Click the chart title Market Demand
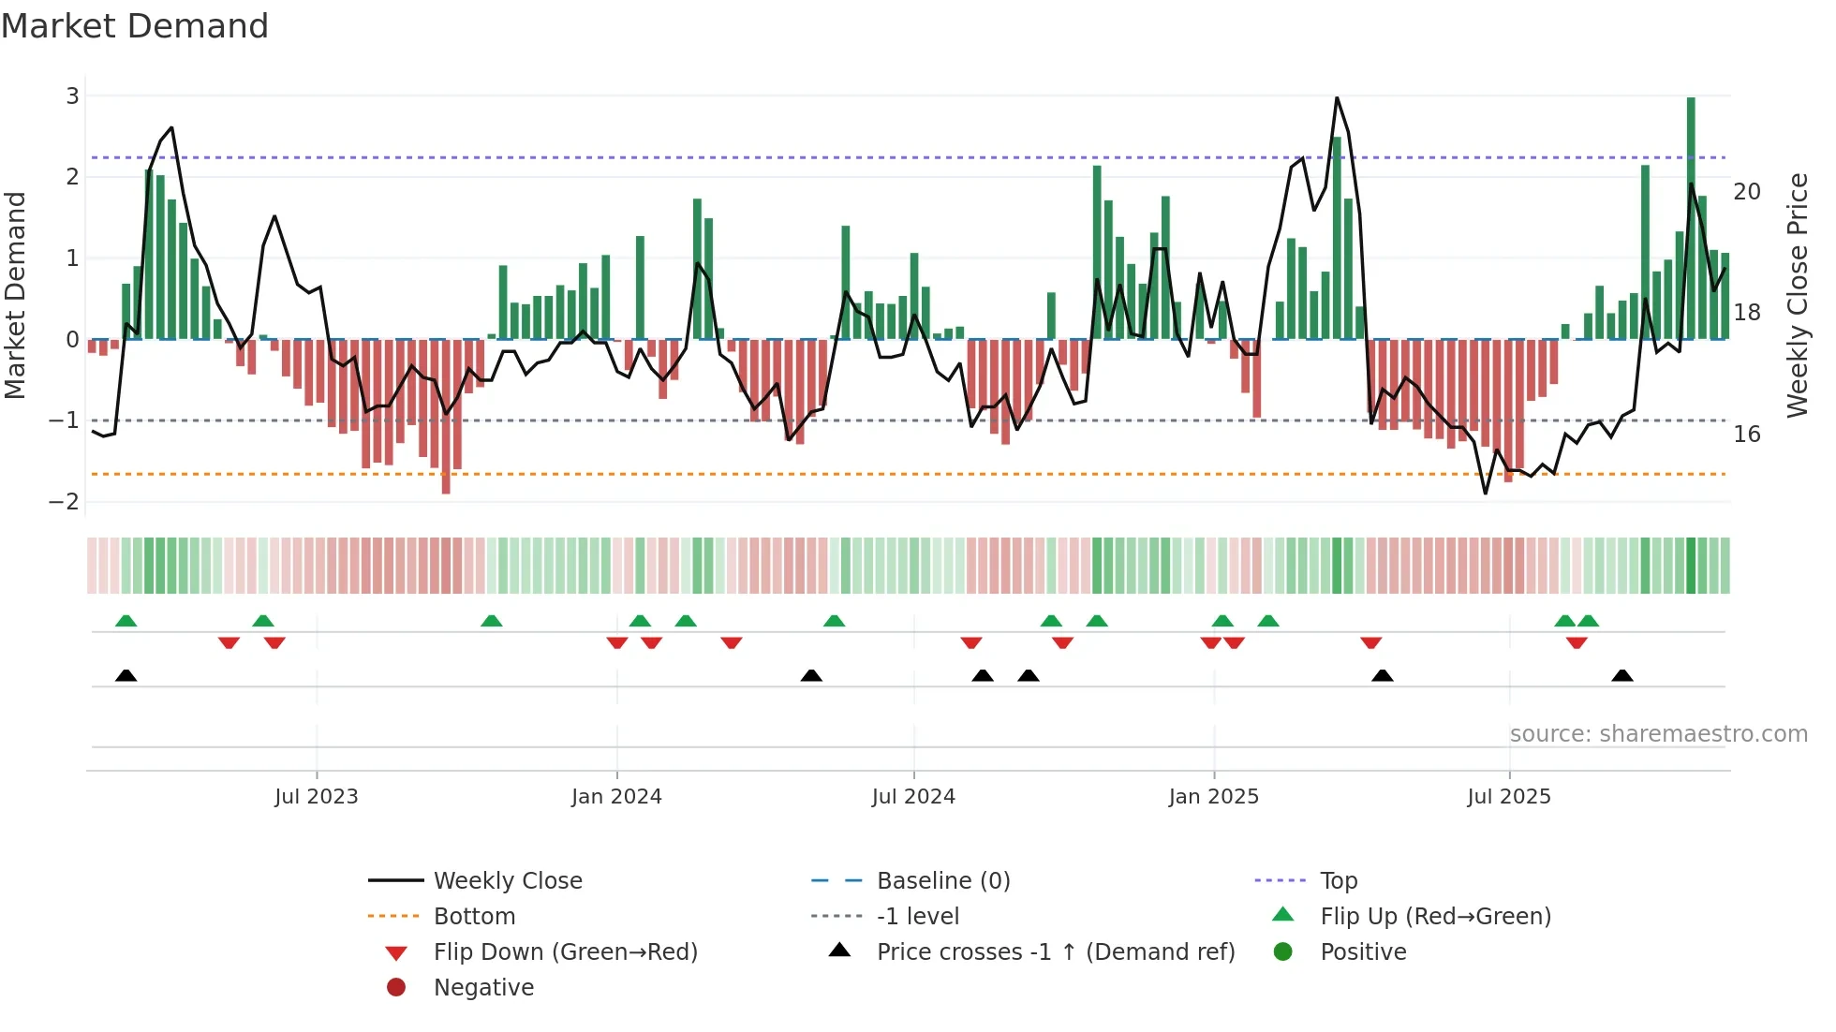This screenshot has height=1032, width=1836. (x=135, y=26)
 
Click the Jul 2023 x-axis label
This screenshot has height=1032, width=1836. (x=317, y=797)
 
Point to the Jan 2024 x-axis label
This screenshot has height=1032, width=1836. (x=616, y=797)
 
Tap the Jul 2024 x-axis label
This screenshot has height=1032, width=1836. (x=913, y=797)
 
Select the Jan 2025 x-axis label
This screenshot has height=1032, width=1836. (x=1214, y=797)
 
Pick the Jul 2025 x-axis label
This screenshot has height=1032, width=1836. (x=1509, y=797)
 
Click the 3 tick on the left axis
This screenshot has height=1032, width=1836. (x=72, y=96)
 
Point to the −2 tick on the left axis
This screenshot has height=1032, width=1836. (x=65, y=501)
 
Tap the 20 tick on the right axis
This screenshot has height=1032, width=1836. (x=1747, y=192)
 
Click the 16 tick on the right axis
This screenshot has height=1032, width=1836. (x=1747, y=435)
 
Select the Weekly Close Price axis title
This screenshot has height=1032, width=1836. (x=1797, y=295)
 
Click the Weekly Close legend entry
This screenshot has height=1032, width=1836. (x=508, y=881)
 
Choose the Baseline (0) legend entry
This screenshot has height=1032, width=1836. (x=943, y=881)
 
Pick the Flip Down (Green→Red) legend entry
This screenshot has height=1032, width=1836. (x=565, y=952)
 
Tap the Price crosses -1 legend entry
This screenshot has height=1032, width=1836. (x=1056, y=952)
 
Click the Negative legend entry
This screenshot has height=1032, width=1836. (x=483, y=988)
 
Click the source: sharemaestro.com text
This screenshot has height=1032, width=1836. (x=1658, y=734)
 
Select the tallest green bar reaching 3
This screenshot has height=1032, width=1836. (x=1691, y=215)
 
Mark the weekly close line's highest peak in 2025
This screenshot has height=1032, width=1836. (x=1337, y=98)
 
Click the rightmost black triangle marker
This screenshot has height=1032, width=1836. (x=1622, y=675)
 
